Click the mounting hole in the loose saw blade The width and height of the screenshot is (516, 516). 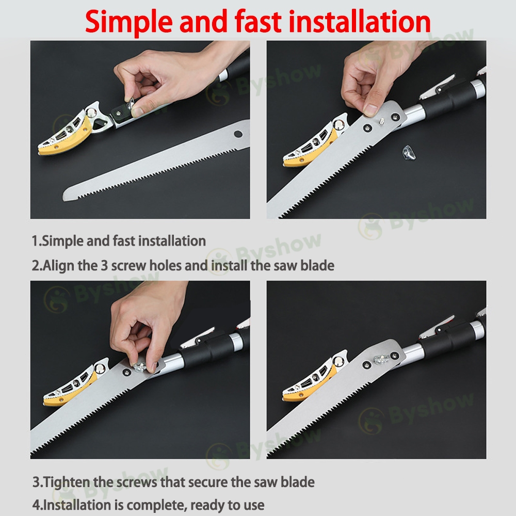[238, 134]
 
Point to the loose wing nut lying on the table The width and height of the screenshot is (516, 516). [409, 152]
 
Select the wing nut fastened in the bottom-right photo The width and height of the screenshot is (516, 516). [382, 359]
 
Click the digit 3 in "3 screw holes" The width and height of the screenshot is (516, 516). [104, 265]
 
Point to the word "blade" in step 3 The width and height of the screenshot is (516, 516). [297, 482]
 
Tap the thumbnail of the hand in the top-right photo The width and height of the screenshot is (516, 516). [370, 109]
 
